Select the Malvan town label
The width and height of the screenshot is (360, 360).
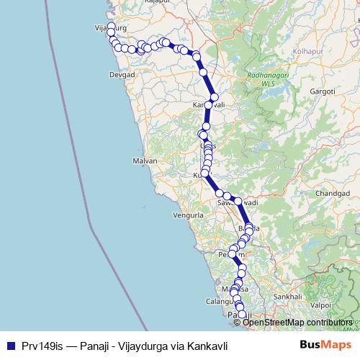click(145, 161)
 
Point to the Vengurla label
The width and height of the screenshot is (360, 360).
click(189, 215)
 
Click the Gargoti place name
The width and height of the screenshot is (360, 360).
click(322, 92)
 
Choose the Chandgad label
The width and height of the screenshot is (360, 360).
click(331, 194)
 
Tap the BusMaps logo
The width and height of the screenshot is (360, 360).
click(327, 346)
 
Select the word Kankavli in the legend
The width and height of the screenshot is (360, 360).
click(206, 346)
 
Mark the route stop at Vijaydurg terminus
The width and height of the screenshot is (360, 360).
click(111, 27)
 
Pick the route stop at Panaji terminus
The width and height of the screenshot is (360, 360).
click(242, 315)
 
